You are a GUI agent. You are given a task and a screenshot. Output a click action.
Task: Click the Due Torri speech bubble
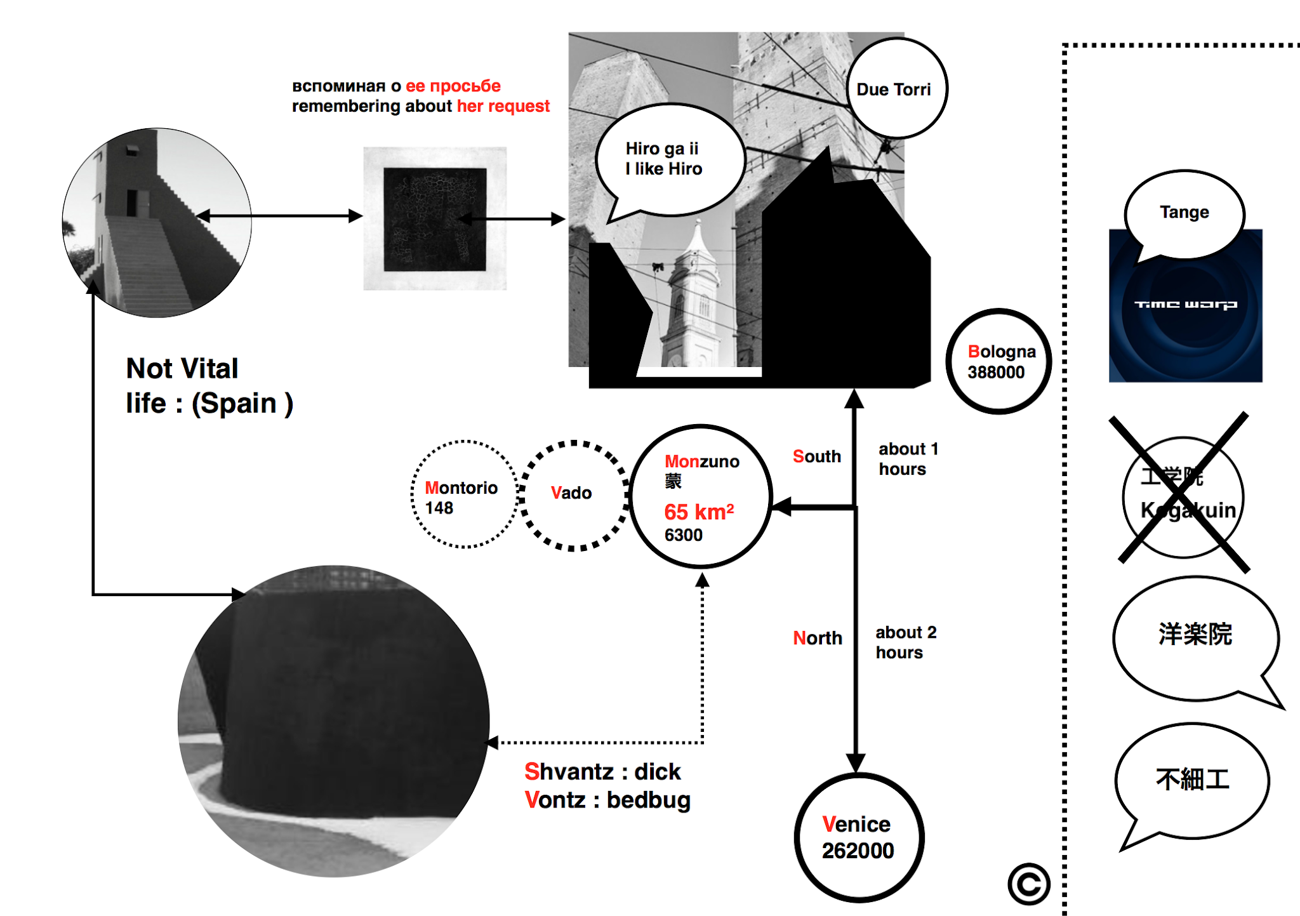(896, 88)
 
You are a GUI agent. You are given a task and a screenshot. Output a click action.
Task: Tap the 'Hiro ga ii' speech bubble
(668, 159)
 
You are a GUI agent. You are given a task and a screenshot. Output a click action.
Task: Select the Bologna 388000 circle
(998, 361)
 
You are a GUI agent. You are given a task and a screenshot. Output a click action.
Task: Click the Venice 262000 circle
(858, 837)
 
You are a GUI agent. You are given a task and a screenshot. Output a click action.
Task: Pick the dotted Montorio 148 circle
(464, 494)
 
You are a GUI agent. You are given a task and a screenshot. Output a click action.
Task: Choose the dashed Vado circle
(573, 495)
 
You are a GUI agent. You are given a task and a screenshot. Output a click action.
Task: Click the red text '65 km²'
(699, 512)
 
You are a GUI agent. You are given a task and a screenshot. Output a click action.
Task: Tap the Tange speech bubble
(1184, 213)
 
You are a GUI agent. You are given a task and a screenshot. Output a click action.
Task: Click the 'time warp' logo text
(1185, 305)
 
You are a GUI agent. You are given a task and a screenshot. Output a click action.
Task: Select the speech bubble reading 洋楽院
(1195, 636)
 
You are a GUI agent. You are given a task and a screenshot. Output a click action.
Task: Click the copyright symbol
(1028, 884)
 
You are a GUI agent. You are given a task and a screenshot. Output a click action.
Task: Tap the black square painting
(435, 219)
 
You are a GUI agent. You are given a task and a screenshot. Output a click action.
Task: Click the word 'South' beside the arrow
(816, 456)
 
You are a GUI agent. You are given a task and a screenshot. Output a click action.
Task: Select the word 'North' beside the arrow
(818, 638)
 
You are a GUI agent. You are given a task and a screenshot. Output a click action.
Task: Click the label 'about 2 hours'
(905, 642)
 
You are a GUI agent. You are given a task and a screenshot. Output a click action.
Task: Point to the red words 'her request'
(503, 106)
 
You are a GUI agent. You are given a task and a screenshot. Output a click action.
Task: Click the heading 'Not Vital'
(182, 369)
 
